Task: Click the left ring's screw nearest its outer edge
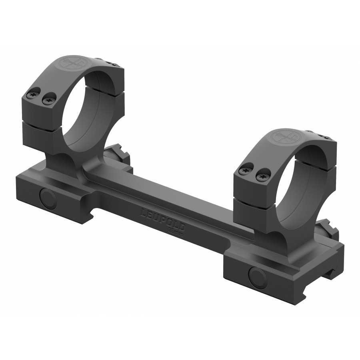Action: (32, 95)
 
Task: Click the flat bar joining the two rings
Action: (168, 200)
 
